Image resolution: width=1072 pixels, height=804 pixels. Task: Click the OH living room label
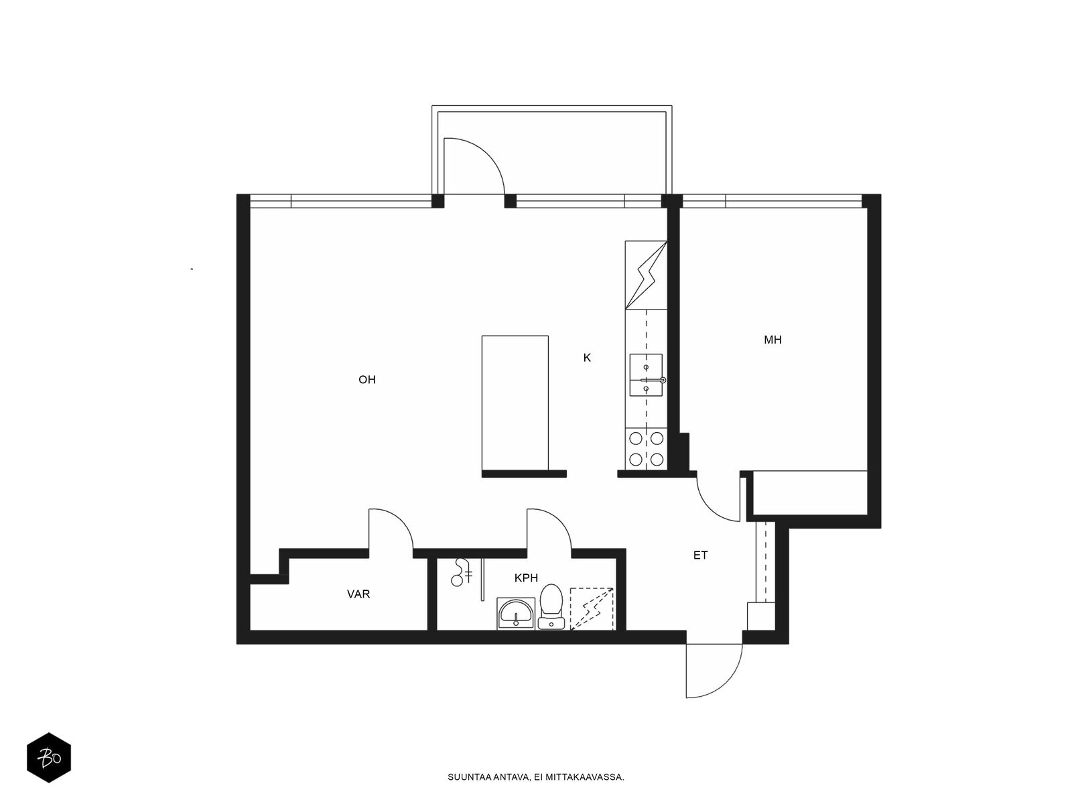pos(366,379)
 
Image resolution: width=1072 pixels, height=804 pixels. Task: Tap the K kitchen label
pos(587,358)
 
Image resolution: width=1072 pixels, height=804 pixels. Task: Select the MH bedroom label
pos(773,340)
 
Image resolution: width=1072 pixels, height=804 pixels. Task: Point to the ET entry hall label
pos(700,555)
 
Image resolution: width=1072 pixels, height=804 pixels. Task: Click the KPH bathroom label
pos(526,578)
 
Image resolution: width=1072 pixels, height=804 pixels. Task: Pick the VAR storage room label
pos(358,594)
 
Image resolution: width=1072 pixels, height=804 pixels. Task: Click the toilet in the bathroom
pos(551,607)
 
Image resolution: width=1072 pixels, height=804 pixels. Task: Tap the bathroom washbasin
pos(516,614)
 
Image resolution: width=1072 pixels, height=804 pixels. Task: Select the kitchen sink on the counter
pos(646,375)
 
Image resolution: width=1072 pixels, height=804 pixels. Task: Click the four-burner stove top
pos(646,449)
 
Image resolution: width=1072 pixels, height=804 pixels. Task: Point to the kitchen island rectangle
pos(515,403)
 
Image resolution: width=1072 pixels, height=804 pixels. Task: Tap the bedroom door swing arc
pos(711,508)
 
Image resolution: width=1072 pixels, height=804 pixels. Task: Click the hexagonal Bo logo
pos(49,758)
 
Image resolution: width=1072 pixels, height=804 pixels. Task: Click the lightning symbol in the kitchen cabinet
pos(646,275)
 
